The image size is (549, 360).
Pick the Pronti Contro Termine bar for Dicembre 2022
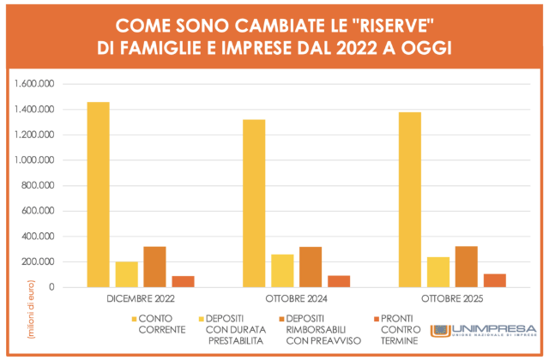click(183, 281)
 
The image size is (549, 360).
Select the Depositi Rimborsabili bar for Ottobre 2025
click(467, 267)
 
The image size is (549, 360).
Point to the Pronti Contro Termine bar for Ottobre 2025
click(495, 280)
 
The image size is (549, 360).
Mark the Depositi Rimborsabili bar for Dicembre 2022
click(154, 267)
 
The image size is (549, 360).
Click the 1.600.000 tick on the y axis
click(34, 84)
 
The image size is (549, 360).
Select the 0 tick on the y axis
click(52, 287)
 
